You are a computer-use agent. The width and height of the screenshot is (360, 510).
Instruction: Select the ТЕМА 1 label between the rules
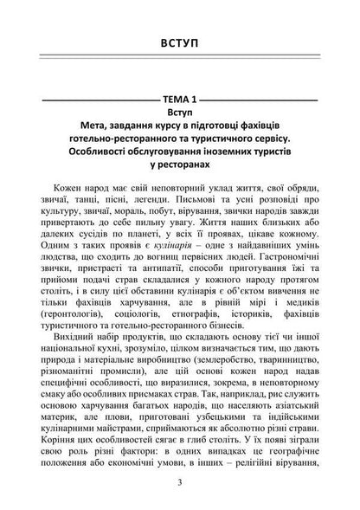tap(179, 100)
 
